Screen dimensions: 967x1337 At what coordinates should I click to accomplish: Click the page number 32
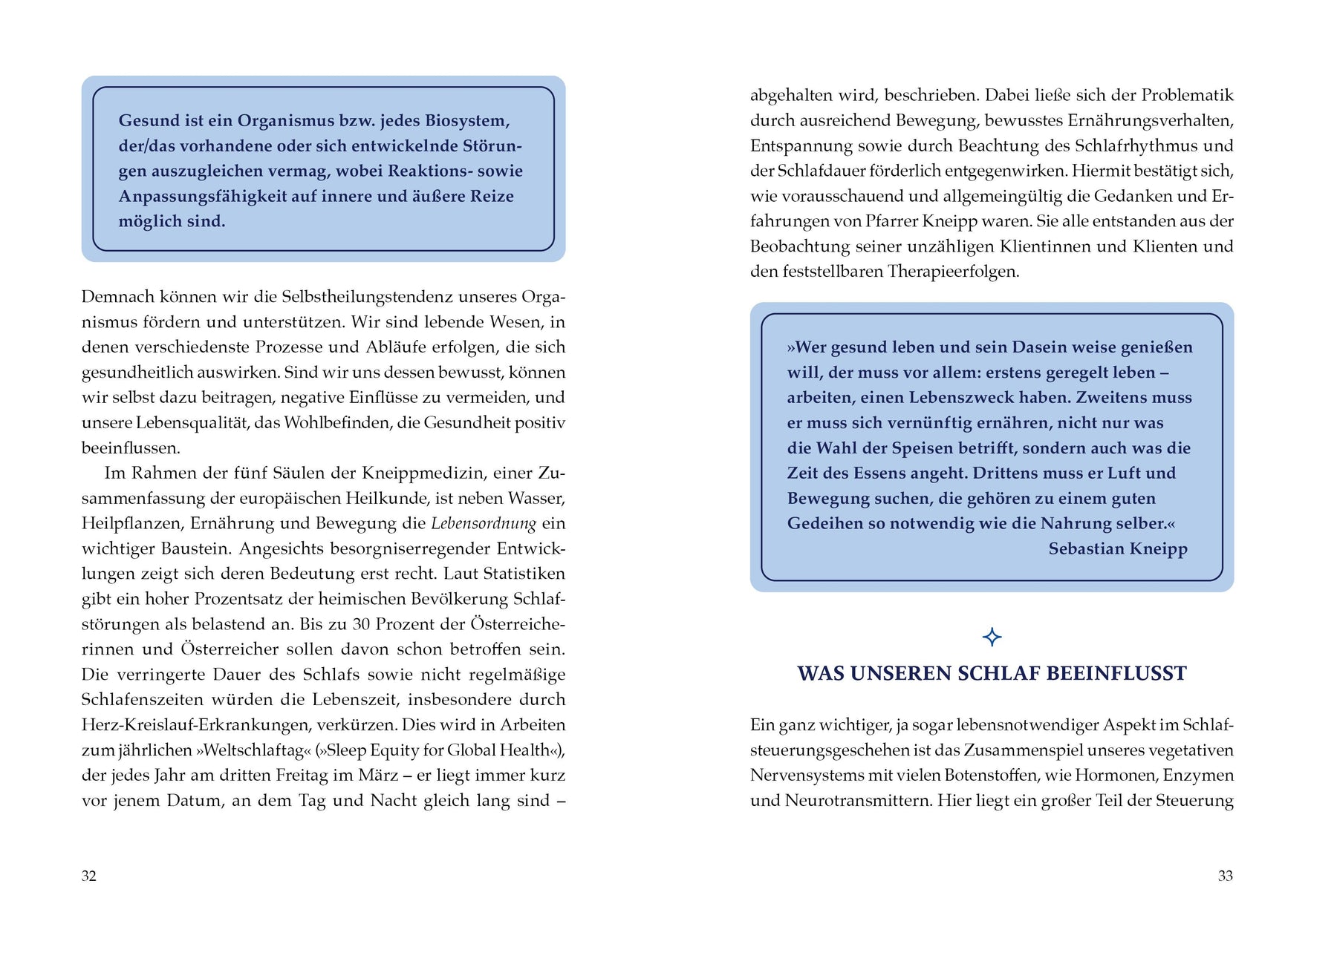coord(88,876)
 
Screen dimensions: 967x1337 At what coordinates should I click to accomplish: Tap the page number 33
coord(1226,876)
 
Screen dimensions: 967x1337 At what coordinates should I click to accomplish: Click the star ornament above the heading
coord(992,637)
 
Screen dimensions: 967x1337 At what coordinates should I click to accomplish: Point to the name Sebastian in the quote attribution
coord(1087,548)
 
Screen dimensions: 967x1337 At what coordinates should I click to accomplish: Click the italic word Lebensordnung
coord(484,523)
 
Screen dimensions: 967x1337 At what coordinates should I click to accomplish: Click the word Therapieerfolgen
coord(952,272)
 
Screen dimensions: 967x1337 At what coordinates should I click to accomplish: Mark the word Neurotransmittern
coord(855,801)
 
